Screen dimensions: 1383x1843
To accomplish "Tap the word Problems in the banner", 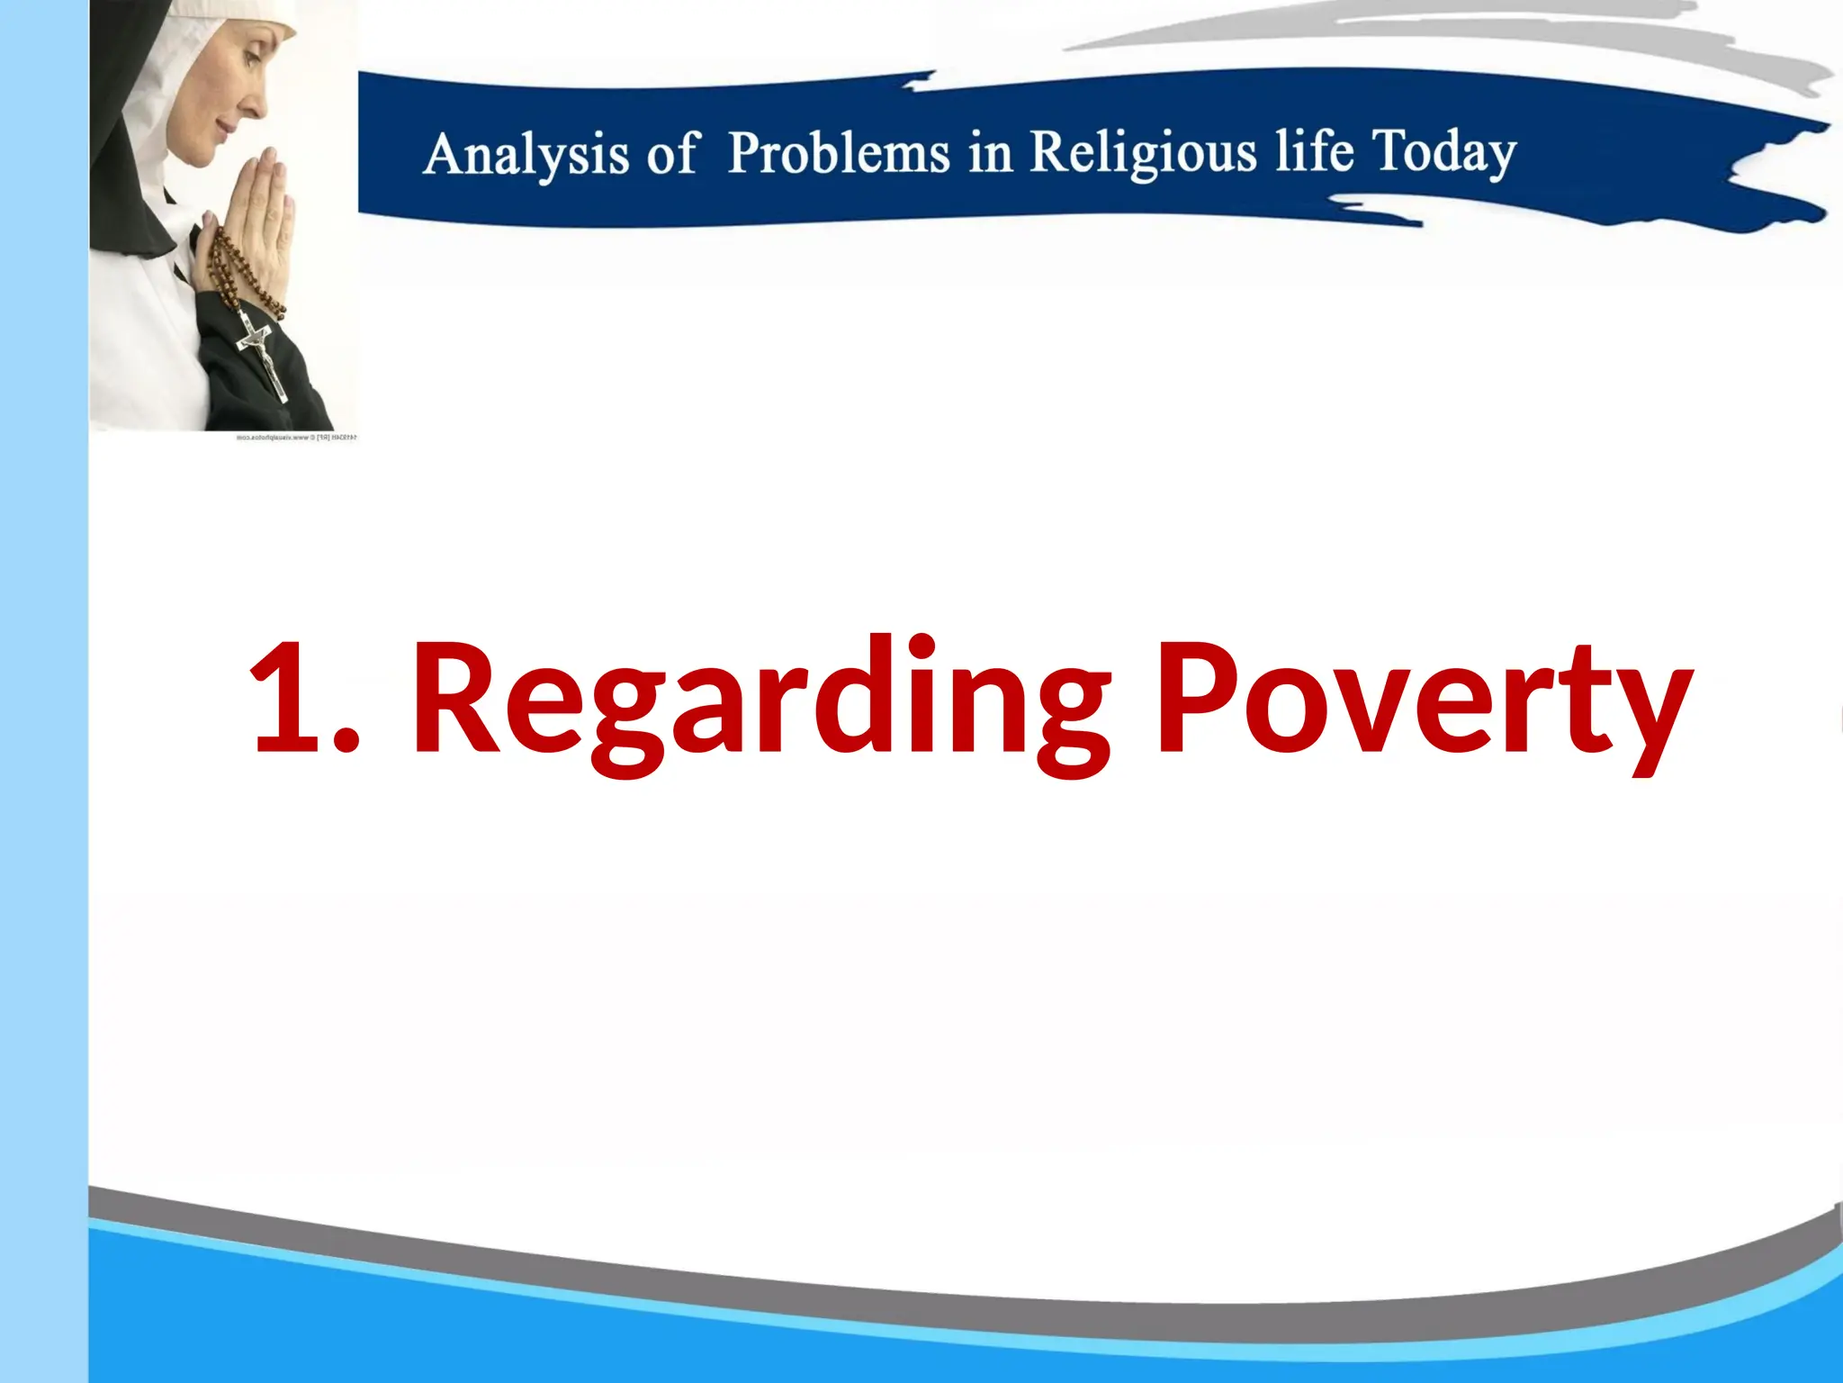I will coord(838,152).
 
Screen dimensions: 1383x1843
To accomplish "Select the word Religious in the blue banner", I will coord(1143,151).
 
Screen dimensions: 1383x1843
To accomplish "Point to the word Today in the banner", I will coord(1443,151).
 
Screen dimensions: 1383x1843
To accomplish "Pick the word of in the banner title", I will coord(670,153).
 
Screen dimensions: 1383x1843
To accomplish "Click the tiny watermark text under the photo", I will coord(296,438).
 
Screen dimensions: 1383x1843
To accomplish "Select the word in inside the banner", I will coord(989,152).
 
